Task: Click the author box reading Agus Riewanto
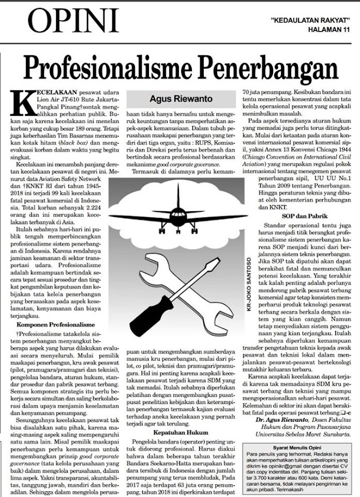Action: (x=180, y=96)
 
